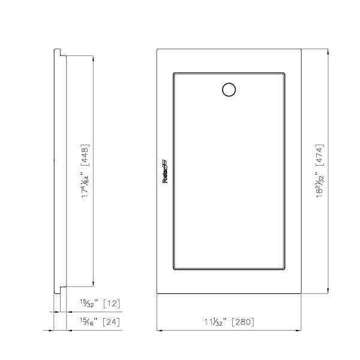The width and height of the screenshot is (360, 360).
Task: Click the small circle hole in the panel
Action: click(x=229, y=90)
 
